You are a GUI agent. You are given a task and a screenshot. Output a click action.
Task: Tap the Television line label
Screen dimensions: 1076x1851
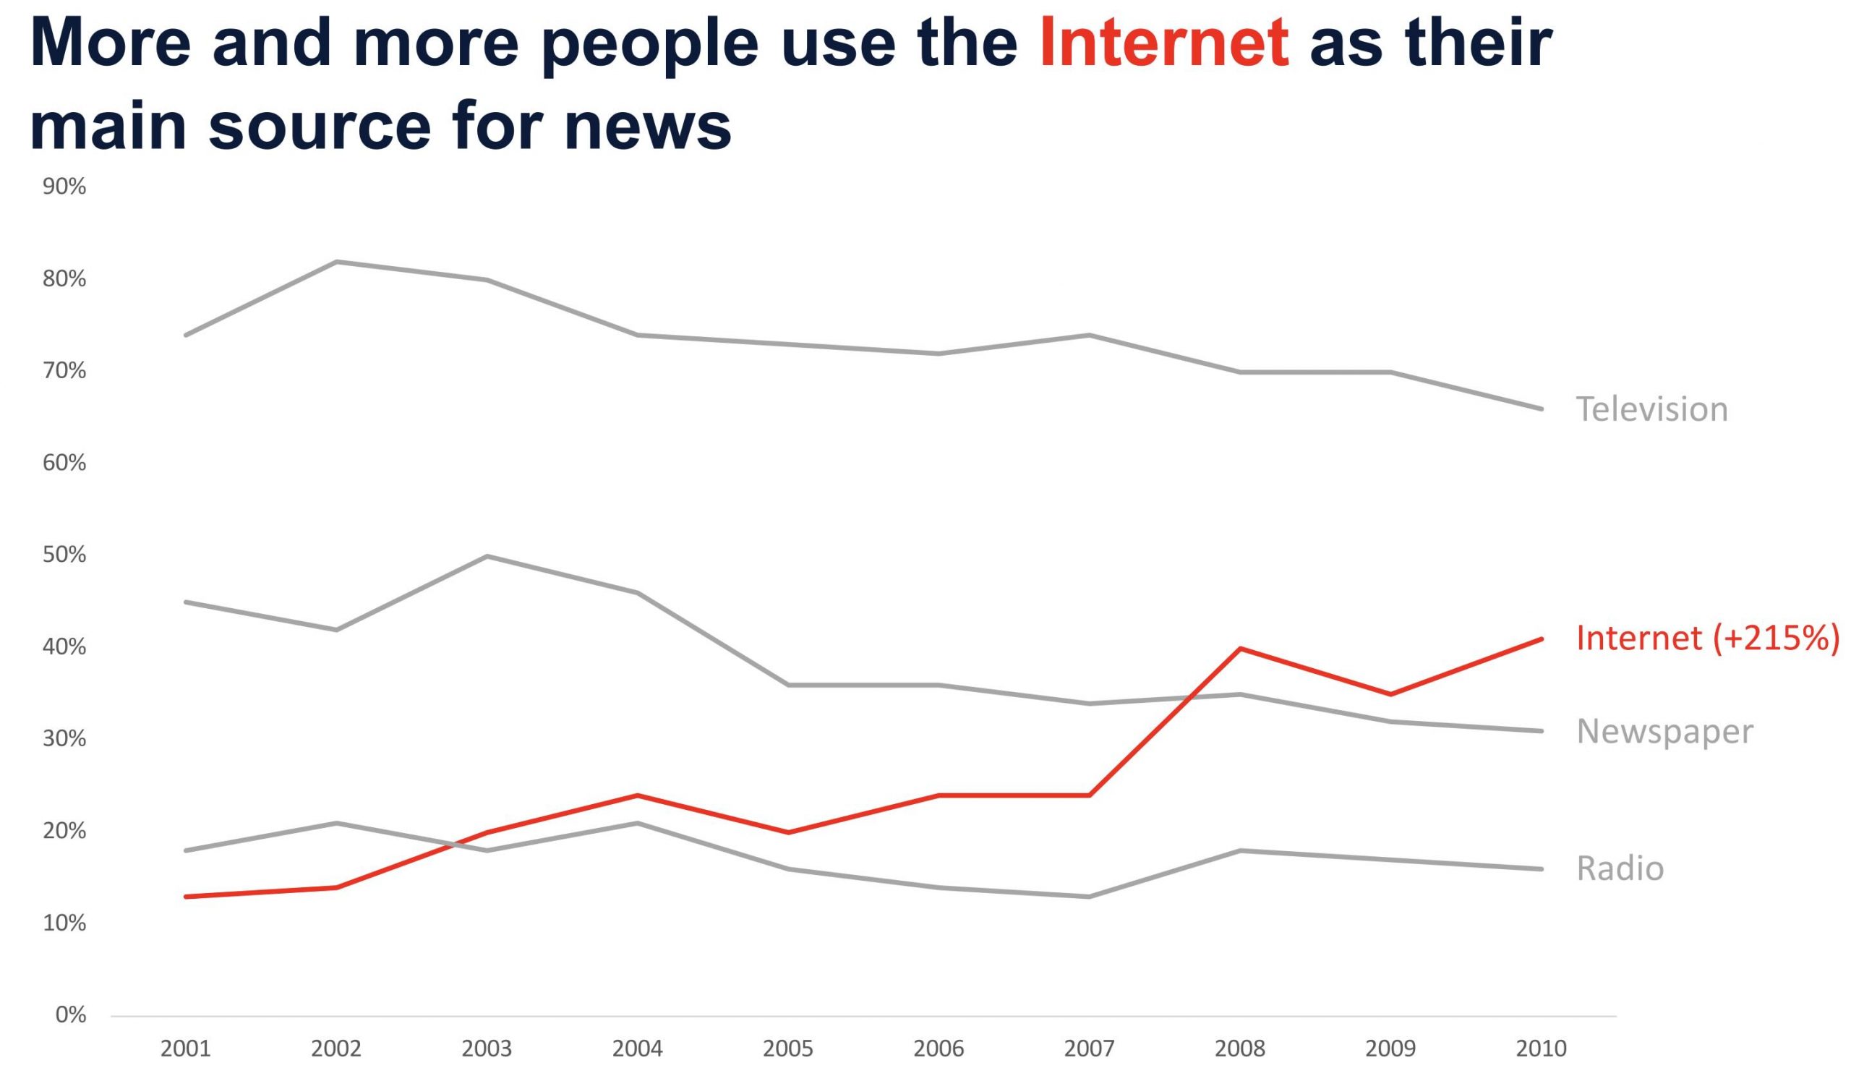click(x=1652, y=409)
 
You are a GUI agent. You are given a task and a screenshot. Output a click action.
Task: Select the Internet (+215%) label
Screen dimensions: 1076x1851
click(x=1707, y=638)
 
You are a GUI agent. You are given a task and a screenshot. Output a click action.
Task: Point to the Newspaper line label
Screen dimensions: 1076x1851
click(x=1664, y=731)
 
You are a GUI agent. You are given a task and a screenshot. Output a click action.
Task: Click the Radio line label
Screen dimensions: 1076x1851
click(x=1620, y=868)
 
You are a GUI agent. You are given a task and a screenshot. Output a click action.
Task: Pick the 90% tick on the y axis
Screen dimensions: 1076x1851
click(x=64, y=187)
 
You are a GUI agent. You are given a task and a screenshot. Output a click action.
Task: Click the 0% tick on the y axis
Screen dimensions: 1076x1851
click(x=71, y=1015)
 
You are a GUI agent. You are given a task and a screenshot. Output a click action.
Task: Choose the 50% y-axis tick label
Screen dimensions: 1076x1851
click(x=64, y=555)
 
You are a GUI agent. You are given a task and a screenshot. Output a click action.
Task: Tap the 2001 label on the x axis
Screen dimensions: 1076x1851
click(x=185, y=1049)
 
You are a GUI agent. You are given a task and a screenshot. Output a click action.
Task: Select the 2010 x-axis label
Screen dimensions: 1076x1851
click(x=1541, y=1049)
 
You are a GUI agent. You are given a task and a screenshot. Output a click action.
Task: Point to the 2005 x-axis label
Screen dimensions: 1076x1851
click(x=788, y=1049)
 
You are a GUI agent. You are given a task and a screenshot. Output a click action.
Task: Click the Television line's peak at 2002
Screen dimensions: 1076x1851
click(x=336, y=262)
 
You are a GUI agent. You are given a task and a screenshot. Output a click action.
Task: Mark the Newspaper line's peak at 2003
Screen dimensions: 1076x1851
click(x=487, y=556)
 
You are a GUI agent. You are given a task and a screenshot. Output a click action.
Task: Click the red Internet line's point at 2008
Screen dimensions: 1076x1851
click(x=1240, y=649)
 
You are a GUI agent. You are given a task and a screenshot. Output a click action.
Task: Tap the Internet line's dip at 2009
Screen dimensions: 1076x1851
click(x=1390, y=694)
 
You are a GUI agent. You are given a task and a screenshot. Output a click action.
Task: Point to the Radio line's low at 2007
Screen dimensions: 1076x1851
click(x=1090, y=897)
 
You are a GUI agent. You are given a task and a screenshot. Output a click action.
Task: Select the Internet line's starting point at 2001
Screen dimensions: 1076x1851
click(x=186, y=897)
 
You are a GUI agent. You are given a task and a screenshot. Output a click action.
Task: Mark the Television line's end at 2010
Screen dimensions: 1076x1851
click(x=1541, y=409)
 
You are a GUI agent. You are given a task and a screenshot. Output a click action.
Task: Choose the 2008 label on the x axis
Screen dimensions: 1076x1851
click(x=1240, y=1049)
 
